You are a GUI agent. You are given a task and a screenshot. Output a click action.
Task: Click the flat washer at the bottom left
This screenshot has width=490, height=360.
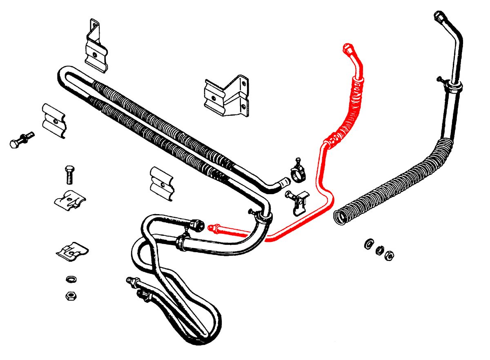point(71,280)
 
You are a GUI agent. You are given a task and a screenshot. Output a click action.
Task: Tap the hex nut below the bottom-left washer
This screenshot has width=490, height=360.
point(71,295)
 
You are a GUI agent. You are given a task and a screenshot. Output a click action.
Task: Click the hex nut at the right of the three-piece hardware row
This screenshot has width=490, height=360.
point(390,255)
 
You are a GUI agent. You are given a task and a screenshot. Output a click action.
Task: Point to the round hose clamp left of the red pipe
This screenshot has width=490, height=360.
point(298,172)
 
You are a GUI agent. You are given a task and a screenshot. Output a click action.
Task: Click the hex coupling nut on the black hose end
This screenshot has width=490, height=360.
point(196,225)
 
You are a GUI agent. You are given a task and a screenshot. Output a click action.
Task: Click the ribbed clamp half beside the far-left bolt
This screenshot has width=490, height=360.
point(53,121)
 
